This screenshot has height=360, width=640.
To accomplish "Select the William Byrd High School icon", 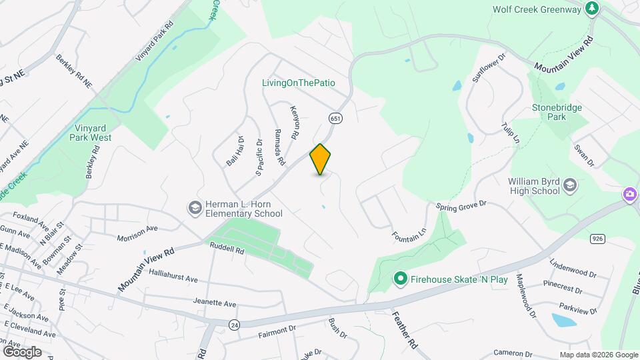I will (570, 184).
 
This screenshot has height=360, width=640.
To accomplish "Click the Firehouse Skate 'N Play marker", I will (400, 279).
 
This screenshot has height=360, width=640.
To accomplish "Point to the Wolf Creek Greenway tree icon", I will (591, 9).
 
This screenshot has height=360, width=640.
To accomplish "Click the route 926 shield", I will (597, 237).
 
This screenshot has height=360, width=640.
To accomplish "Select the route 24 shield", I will (233, 325).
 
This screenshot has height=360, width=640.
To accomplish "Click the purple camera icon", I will (629, 194).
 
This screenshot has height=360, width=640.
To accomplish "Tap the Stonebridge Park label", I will (557, 112).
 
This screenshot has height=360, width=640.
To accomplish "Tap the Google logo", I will (22, 351).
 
